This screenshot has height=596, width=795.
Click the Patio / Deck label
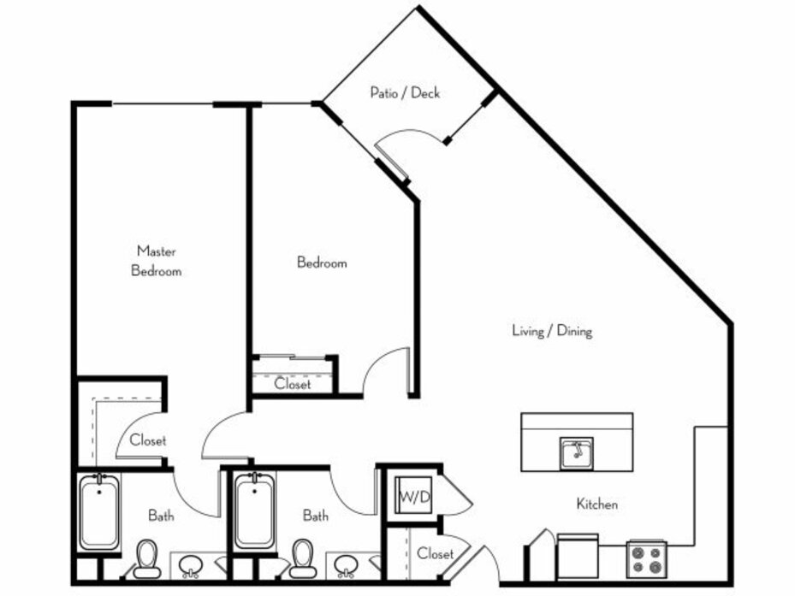405,92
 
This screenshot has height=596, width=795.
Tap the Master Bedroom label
156,261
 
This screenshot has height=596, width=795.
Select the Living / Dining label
552,331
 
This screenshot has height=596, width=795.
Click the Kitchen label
596,504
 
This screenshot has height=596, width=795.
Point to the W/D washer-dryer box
413,495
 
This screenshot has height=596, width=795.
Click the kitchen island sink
577,452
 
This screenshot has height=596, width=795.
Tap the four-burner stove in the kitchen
646,559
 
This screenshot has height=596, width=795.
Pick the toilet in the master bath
147,559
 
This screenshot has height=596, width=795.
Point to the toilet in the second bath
303,559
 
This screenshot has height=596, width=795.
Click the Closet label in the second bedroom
293,384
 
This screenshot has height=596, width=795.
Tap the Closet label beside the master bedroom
147,440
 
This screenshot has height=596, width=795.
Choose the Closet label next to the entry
435,553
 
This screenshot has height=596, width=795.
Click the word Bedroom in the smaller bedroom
322,263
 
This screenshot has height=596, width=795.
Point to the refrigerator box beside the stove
578,557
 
